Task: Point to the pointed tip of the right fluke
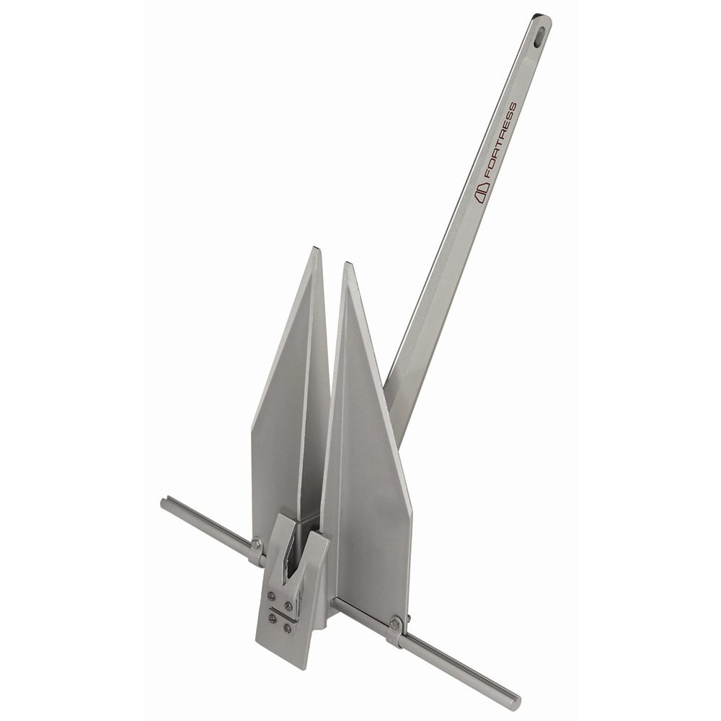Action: tap(348, 265)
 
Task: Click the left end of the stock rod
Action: tap(165, 503)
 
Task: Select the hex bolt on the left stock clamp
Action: tap(256, 544)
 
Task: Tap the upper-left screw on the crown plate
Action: tap(270, 595)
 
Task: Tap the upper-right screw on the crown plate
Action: tap(288, 604)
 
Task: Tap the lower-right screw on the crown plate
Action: tap(287, 628)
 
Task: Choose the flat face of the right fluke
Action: tap(368, 461)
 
